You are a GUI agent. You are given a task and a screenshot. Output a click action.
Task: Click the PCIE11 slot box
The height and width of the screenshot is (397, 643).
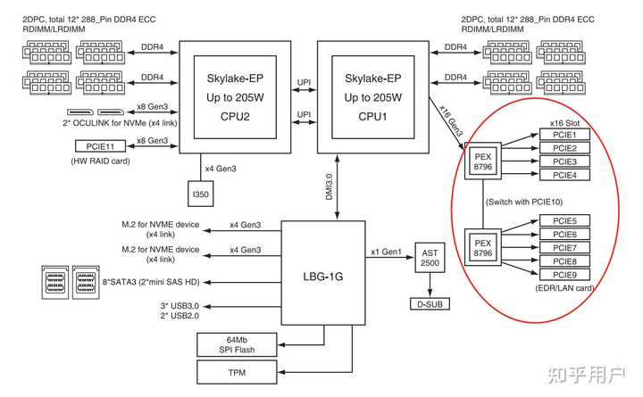[x=95, y=146]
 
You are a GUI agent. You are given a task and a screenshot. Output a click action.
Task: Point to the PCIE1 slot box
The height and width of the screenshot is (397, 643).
[x=564, y=134]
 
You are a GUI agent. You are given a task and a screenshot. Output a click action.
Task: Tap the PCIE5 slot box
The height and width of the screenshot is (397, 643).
[x=564, y=220]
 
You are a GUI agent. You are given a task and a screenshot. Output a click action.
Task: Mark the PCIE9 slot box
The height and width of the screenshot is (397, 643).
[x=564, y=275]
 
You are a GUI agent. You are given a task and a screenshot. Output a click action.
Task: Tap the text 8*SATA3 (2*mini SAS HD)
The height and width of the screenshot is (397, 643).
[x=151, y=283]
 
